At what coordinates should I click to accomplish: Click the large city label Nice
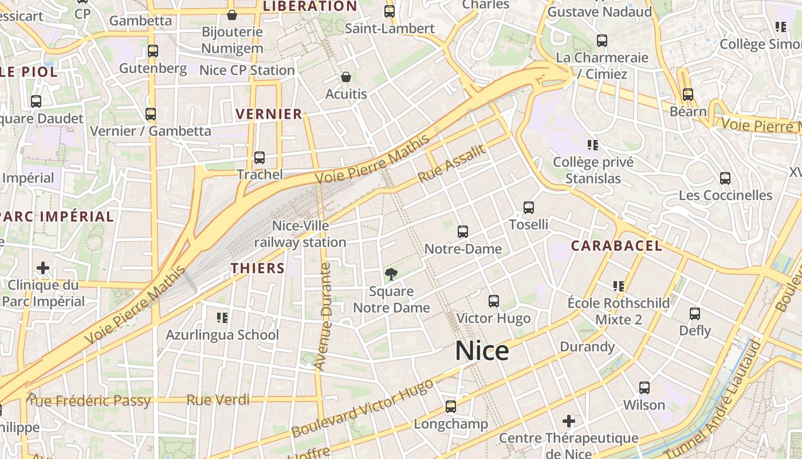(x=482, y=351)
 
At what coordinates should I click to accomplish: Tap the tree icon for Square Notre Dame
(x=391, y=274)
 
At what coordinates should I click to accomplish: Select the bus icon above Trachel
(x=260, y=157)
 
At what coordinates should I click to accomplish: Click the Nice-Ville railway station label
(x=300, y=234)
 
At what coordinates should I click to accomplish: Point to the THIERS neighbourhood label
(x=258, y=268)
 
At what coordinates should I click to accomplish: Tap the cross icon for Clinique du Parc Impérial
(x=43, y=268)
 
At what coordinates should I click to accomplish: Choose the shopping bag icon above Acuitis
(x=346, y=77)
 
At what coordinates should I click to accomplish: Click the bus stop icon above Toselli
(x=529, y=207)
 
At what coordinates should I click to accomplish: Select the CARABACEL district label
(x=616, y=246)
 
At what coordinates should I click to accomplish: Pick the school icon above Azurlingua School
(x=222, y=317)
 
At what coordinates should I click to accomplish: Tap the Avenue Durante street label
(x=324, y=316)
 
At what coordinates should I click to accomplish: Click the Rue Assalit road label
(x=452, y=164)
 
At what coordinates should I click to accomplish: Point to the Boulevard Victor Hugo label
(x=362, y=409)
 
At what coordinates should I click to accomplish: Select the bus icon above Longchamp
(x=451, y=407)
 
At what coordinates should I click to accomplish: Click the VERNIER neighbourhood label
(x=269, y=114)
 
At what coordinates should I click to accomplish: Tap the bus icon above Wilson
(x=644, y=388)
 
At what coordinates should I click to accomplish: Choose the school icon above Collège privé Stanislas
(x=593, y=145)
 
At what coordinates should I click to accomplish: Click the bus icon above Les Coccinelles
(x=725, y=178)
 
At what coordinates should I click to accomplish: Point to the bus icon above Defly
(x=695, y=313)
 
